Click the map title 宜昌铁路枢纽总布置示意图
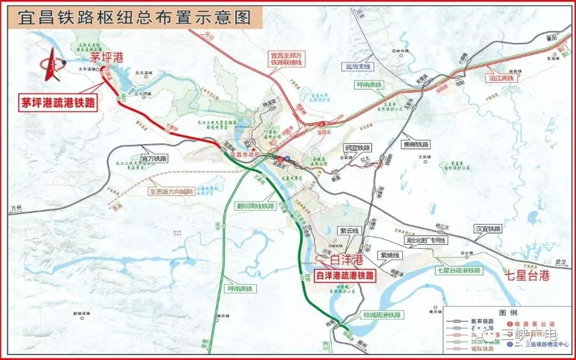point(134,18)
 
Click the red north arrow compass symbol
point(51,65)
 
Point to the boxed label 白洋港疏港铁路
point(345,276)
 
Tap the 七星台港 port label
point(526,276)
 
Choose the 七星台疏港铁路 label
point(458,270)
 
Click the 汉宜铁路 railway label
point(488,228)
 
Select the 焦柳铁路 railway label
point(417,144)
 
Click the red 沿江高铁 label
point(501,78)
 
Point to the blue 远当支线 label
point(357,67)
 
